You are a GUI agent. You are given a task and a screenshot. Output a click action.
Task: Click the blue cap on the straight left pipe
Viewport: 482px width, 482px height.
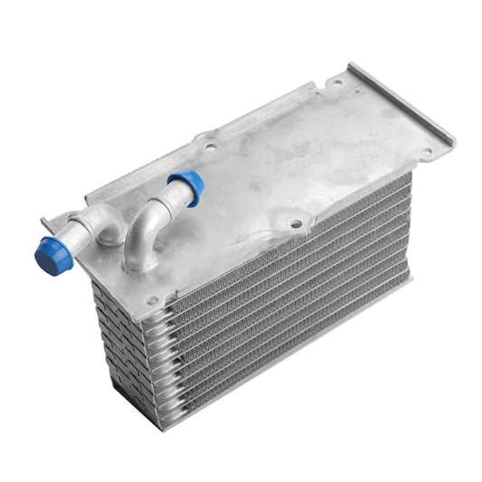click(x=52, y=255)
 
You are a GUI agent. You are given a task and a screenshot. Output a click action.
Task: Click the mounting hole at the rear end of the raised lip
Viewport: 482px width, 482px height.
click(x=336, y=82)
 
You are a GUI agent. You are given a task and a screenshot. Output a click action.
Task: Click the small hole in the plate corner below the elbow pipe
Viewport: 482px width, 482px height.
click(x=153, y=298)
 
